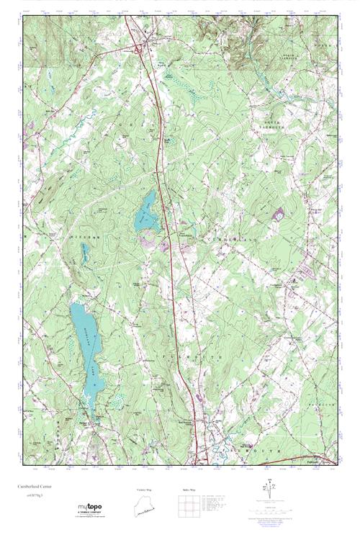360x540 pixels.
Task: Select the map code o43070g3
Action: point(30,496)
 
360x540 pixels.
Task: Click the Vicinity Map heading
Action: point(145,490)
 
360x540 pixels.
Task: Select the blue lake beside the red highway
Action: point(145,212)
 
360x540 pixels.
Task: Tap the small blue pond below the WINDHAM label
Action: point(86,251)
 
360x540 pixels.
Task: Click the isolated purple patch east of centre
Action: point(279,213)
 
